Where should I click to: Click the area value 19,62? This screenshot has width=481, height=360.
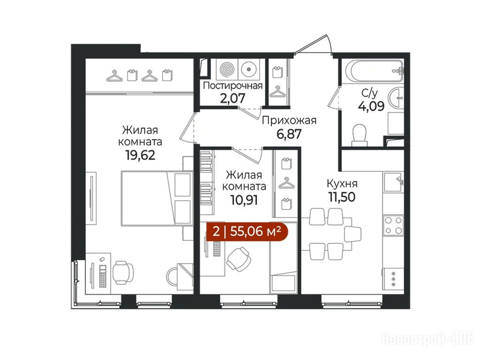point(140,155)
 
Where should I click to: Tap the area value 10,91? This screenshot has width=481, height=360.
point(244,200)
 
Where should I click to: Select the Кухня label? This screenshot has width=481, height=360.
point(342,184)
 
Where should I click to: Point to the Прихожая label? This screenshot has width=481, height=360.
point(289,121)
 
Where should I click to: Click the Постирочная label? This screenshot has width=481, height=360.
point(233,85)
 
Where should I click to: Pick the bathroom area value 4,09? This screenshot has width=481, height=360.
point(371,106)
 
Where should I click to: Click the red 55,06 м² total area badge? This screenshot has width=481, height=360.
point(247,231)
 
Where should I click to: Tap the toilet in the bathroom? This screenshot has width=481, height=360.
point(359,135)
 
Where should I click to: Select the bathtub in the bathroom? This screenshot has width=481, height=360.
point(374,71)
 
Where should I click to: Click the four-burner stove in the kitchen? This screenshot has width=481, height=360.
point(393,225)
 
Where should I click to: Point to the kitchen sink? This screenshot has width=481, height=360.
point(393,182)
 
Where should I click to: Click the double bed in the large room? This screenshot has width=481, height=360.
point(157,199)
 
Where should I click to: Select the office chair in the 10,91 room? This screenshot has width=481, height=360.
point(238,259)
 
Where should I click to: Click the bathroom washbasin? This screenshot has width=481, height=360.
point(396,98)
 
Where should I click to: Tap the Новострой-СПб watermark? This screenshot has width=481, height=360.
point(427,339)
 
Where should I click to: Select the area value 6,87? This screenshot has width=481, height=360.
point(289,134)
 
